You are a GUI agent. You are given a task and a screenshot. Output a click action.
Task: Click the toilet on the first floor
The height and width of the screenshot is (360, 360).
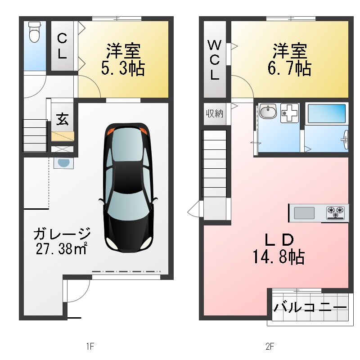pos(34,32)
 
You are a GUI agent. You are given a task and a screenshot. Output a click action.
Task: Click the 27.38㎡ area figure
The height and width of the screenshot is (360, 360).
pos(61,249)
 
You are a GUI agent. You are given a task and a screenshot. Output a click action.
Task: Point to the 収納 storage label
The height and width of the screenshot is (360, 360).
pos(215,113)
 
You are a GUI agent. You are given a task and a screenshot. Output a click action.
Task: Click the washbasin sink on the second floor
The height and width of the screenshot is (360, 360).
pos(268,112)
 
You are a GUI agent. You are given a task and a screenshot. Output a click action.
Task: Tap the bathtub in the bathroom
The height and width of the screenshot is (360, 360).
pos(326,114)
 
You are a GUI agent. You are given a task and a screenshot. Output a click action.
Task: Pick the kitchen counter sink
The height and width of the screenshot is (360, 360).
pos(304,212)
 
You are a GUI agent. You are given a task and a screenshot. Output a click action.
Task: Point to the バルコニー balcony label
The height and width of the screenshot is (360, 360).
pos(310,308)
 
